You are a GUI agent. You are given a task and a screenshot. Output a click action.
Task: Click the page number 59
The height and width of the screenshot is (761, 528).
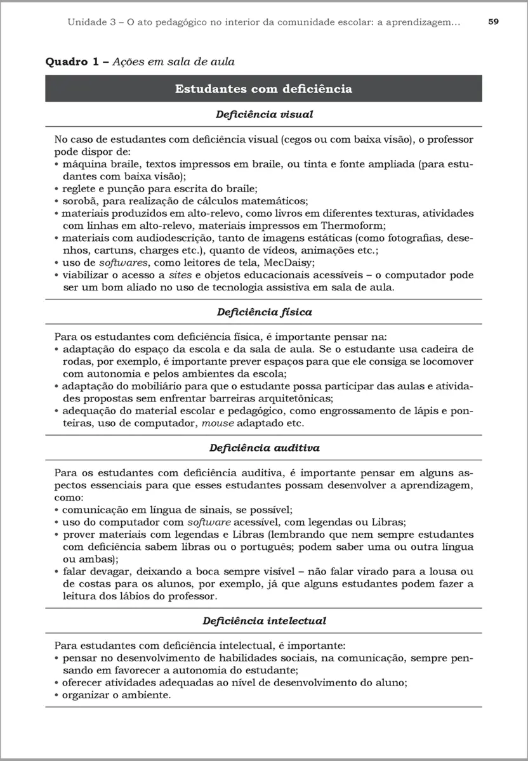click(x=493, y=22)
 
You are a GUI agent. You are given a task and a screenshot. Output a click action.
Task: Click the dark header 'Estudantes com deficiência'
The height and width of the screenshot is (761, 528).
click(x=263, y=89)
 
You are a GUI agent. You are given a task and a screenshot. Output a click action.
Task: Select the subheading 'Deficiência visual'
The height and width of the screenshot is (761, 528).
click(x=263, y=115)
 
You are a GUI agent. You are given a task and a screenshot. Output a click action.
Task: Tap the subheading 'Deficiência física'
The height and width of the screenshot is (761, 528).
click(x=263, y=312)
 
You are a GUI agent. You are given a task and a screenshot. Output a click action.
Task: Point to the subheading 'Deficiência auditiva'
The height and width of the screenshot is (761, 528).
click(x=263, y=448)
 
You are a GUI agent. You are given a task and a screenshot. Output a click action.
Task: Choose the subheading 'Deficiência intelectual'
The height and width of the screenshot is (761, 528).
click(x=263, y=621)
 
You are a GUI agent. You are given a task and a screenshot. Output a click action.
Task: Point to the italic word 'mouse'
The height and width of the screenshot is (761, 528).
click(x=217, y=423)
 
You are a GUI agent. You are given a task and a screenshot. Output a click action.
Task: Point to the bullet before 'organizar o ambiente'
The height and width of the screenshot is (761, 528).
click(x=57, y=695)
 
